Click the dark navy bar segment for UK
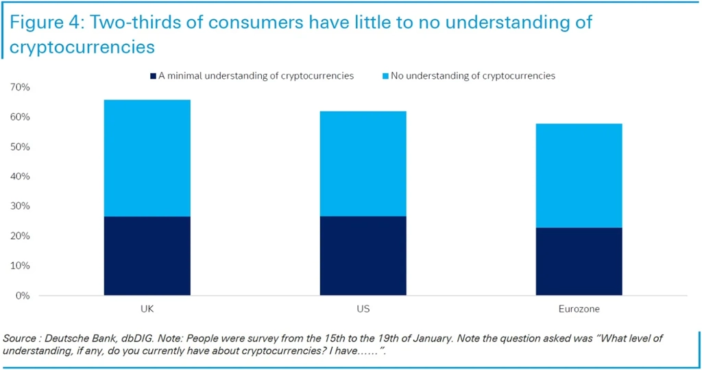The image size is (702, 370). [147, 256]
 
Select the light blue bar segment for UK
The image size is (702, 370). [147, 158]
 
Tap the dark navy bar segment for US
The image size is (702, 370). [363, 256]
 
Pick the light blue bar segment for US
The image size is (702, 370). [363, 163]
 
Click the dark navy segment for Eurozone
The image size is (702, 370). [579, 261]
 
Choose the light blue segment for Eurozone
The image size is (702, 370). [579, 175]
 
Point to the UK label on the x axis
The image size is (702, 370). [147, 309]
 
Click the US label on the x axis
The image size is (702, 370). [363, 309]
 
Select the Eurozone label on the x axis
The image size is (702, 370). [579, 309]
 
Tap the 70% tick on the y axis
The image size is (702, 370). [20, 88]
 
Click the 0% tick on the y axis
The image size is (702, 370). [23, 295]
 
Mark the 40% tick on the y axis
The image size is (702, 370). [20, 177]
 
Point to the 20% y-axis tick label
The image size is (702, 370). [20, 236]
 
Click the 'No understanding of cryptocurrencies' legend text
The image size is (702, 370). [473, 76]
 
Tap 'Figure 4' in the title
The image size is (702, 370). [47, 23]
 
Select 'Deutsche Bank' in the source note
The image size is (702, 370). [73, 338]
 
